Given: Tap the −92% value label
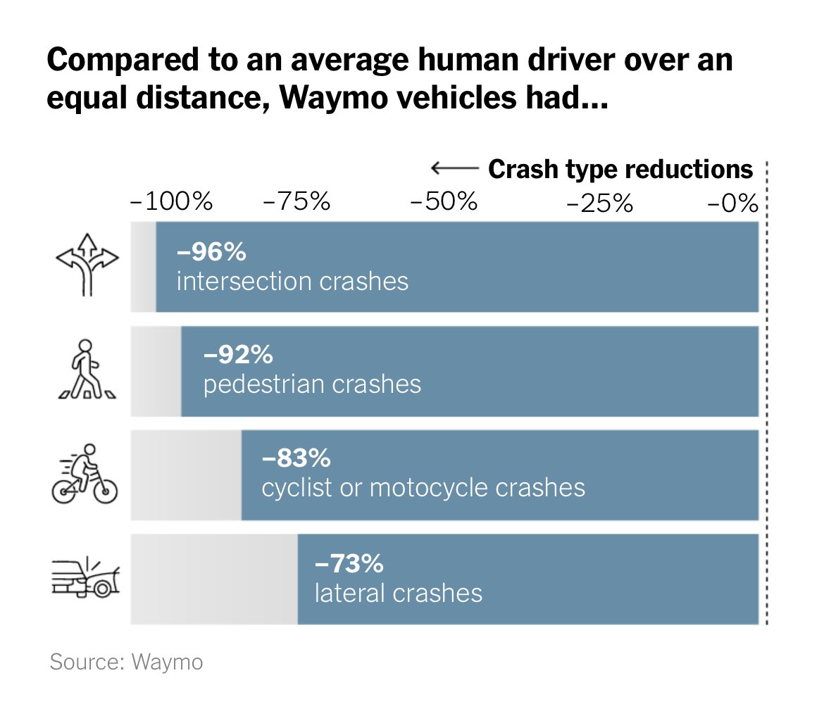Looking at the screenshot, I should pyautogui.click(x=237, y=355).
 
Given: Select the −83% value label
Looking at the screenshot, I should pyautogui.click(x=296, y=458).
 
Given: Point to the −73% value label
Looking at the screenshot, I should pyautogui.click(x=349, y=563).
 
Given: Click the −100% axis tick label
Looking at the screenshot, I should pyautogui.click(x=171, y=203).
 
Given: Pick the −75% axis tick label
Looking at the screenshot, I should pyautogui.click(x=296, y=203).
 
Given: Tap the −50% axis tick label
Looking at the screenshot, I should pyautogui.click(x=444, y=203).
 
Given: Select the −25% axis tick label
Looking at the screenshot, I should pyautogui.click(x=599, y=203).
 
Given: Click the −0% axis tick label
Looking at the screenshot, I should pyautogui.click(x=732, y=203).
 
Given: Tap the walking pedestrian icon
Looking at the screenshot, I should pyautogui.click(x=85, y=370).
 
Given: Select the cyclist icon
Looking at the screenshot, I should pyautogui.click(x=85, y=474).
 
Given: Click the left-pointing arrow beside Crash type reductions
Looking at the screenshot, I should pyautogui.click(x=454, y=168).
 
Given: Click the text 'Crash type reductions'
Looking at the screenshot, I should pyautogui.click(x=620, y=170).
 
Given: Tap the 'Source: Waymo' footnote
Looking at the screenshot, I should pyautogui.click(x=126, y=662).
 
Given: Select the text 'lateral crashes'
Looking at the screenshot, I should pyautogui.click(x=398, y=593).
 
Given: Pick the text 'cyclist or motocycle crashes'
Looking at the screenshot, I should pyautogui.click(x=423, y=488).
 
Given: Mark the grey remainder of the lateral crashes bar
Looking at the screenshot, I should pyautogui.click(x=214, y=579).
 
